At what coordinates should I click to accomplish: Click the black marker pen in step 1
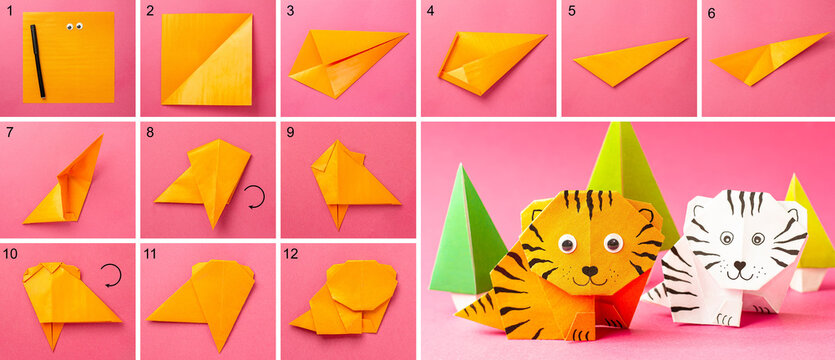[x=37, y=61]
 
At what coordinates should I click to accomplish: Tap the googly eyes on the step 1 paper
[x=73, y=26]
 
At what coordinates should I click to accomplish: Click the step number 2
[x=150, y=12]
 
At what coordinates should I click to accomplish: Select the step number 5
[x=570, y=12]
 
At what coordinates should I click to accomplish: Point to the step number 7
[x=8, y=132]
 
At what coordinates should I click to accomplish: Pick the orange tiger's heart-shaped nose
[x=589, y=271]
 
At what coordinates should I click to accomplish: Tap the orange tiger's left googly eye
[x=568, y=242]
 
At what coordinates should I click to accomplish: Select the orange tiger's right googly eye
[x=612, y=243]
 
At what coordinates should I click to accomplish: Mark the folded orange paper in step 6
[x=760, y=62]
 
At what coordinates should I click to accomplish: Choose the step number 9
[x=290, y=132]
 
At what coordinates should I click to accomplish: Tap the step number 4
[x=430, y=12]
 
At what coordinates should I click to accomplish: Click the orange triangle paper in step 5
[x=625, y=62]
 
